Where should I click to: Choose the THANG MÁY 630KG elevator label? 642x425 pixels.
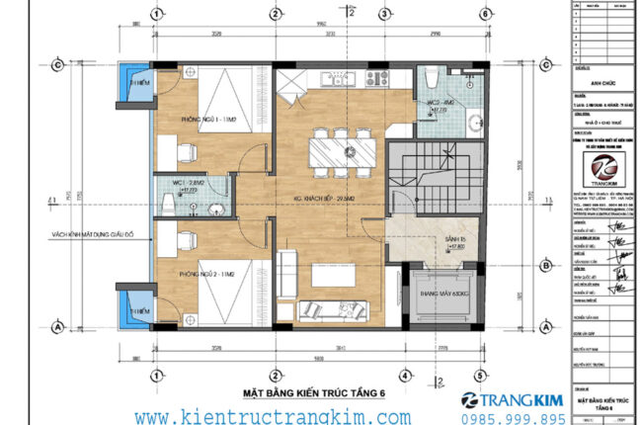point(441,294)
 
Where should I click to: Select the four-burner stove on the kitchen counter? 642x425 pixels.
point(376,76)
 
